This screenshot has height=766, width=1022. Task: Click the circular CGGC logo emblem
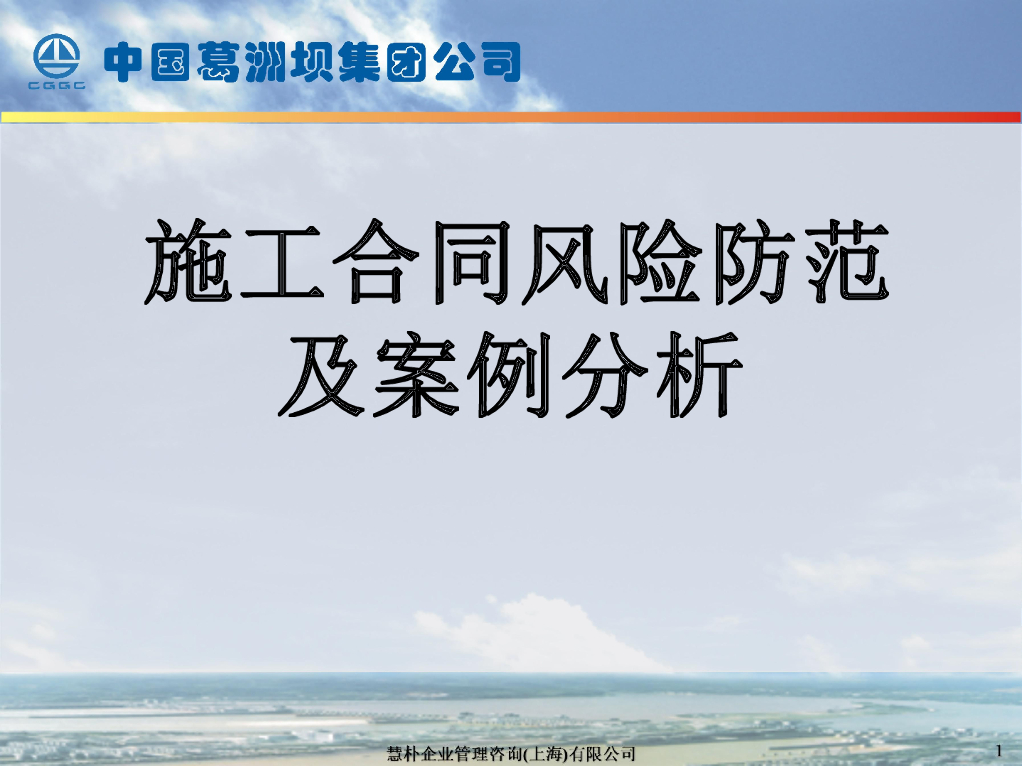[x=57, y=56]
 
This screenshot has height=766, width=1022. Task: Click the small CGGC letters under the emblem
[x=57, y=85]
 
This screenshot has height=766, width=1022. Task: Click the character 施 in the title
[x=190, y=264]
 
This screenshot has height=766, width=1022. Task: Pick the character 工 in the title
[x=280, y=264]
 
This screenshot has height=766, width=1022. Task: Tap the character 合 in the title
[x=372, y=264]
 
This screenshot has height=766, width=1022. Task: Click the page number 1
[x=999, y=749]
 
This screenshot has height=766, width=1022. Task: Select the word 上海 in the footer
[x=546, y=753]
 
